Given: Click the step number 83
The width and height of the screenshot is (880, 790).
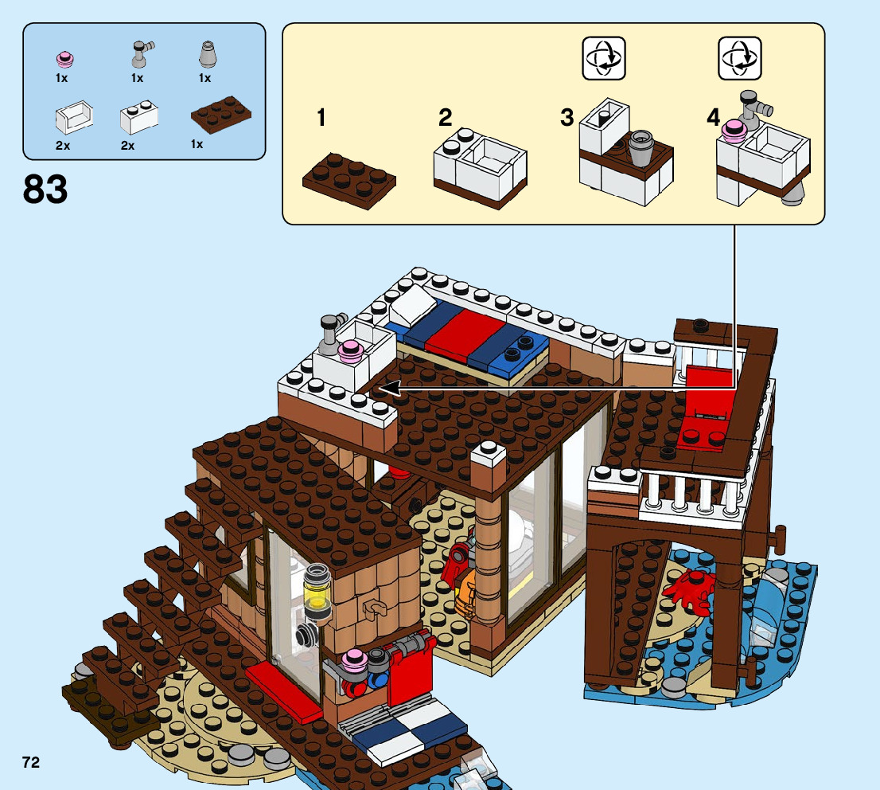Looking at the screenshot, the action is (45, 190).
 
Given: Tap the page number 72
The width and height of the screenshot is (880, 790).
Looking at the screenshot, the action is (31, 763).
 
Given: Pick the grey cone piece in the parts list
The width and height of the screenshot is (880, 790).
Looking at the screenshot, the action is (205, 54).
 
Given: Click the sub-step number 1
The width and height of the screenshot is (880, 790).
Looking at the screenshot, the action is (321, 119).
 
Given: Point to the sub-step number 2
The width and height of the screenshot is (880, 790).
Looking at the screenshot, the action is (446, 119).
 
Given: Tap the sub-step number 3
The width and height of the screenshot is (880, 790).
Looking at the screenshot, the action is (567, 119).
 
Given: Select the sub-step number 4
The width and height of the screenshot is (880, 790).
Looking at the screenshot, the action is (713, 119).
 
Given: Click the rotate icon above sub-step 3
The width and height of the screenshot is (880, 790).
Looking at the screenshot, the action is (603, 58).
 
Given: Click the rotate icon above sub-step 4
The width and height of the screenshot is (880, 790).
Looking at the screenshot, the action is (739, 58).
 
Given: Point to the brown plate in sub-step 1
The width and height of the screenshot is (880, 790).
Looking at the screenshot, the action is (349, 180).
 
